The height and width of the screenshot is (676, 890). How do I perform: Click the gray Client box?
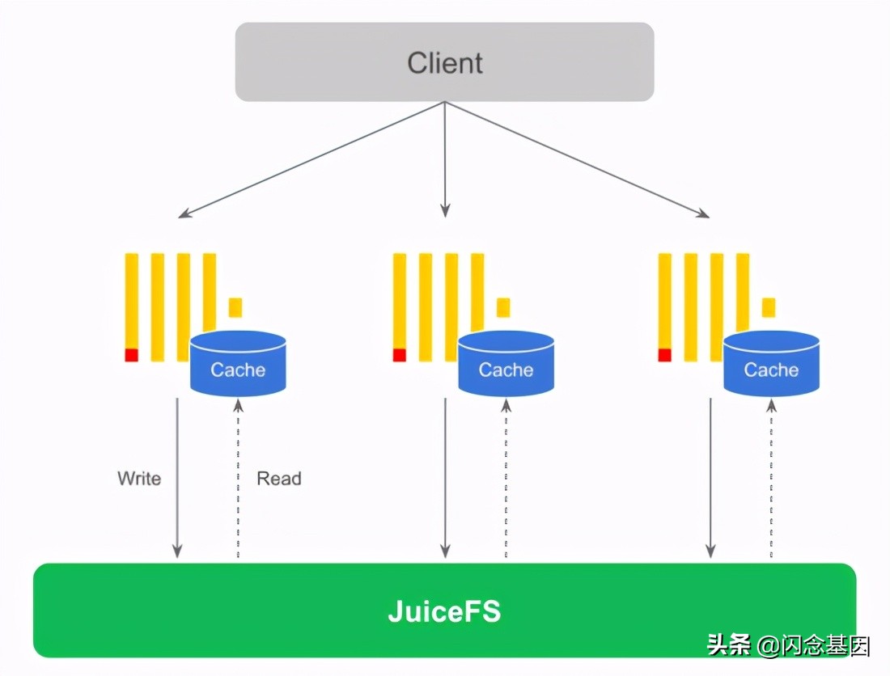[444, 62]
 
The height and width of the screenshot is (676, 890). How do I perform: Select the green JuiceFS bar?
[444, 611]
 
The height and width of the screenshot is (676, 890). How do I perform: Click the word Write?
[139, 478]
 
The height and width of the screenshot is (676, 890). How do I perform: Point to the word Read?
[279, 478]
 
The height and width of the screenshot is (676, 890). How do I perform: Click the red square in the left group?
[132, 355]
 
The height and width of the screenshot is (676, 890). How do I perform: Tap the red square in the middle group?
[400, 355]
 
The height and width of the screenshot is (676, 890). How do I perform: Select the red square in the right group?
[665, 355]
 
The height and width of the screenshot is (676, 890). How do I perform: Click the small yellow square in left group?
[235, 307]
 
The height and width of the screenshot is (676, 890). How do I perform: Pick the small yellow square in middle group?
[503, 307]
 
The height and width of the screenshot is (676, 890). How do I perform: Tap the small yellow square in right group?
[769, 307]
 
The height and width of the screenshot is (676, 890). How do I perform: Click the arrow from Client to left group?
[311, 159]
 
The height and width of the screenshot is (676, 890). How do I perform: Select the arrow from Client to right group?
[577, 159]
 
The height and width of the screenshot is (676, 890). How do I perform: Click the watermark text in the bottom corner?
[789, 644]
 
